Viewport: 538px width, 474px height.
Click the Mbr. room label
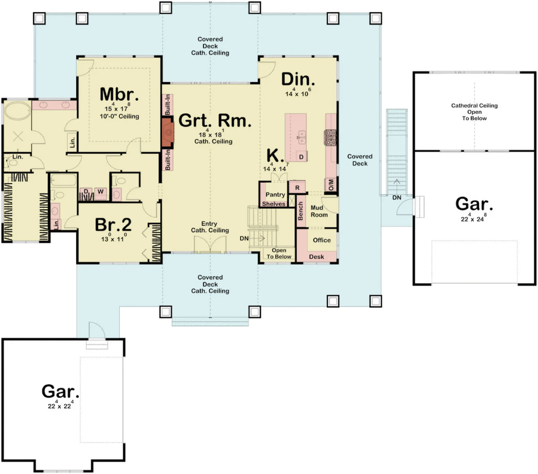(x=119, y=94)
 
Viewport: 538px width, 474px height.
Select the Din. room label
(x=298, y=79)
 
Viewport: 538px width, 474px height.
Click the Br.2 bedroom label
(x=113, y=224)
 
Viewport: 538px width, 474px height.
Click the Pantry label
(x=275, y=195)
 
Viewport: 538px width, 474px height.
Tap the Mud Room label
(x=319, y=211)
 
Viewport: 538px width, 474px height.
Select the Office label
(x=322, y=240)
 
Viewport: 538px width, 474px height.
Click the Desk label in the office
(x=316, y=257)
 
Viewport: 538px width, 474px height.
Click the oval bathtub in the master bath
(x=18, y=112)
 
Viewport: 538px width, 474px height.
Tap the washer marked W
(x=99, y=191)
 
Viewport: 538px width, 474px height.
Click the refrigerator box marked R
(x=297, y=187)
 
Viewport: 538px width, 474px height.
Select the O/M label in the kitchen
(x=332, y=185)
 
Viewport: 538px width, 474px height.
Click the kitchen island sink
(x=303, y=138)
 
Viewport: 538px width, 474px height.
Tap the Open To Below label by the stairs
(x=278, y=254)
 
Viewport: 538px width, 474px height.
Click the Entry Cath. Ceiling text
(x=210, y=227)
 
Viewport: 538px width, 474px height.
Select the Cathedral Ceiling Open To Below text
(x=474, y=112)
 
